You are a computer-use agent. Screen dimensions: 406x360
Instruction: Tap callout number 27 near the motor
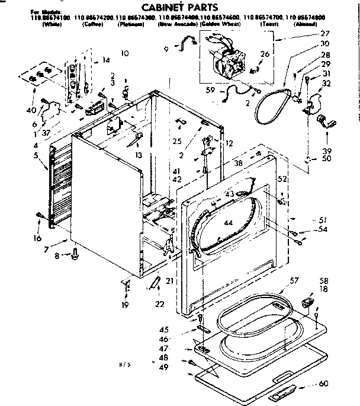click(x=324, y=34)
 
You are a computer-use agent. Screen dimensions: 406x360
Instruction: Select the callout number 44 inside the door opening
click(x=228, y=223)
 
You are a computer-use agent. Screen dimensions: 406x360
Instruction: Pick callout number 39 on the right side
click(x=325, y=151)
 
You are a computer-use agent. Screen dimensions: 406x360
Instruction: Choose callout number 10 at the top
click(x=124, y=53)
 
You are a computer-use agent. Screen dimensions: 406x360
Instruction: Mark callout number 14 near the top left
click(x=106, y=60)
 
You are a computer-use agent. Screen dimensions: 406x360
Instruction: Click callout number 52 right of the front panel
click(x=283, y=178)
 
